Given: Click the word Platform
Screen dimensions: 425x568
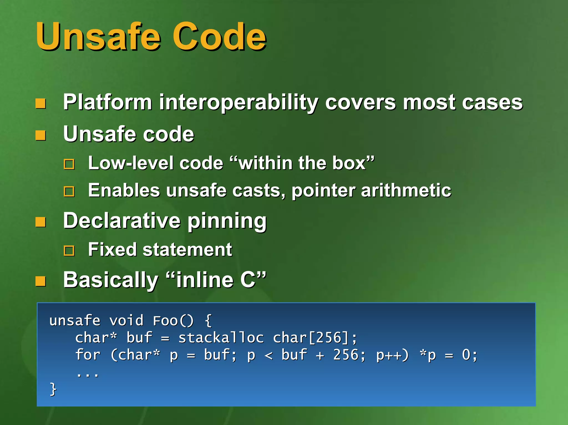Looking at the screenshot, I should coord(108,102).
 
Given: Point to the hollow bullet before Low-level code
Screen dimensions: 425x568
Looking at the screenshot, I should coord(69,164).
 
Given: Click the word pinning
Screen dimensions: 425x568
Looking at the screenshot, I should coord(227,222).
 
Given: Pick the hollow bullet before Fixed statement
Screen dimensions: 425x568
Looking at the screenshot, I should coord(69,251).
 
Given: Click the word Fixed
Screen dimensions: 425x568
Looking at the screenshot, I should coord(112,249).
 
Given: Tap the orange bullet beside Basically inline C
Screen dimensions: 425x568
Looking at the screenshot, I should coord(40,281).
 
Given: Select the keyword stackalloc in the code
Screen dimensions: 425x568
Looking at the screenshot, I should coord(221,338).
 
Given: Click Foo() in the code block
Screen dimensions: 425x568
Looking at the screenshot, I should coord(173,321).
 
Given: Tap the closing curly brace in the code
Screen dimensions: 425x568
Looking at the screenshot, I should coord(53,389).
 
